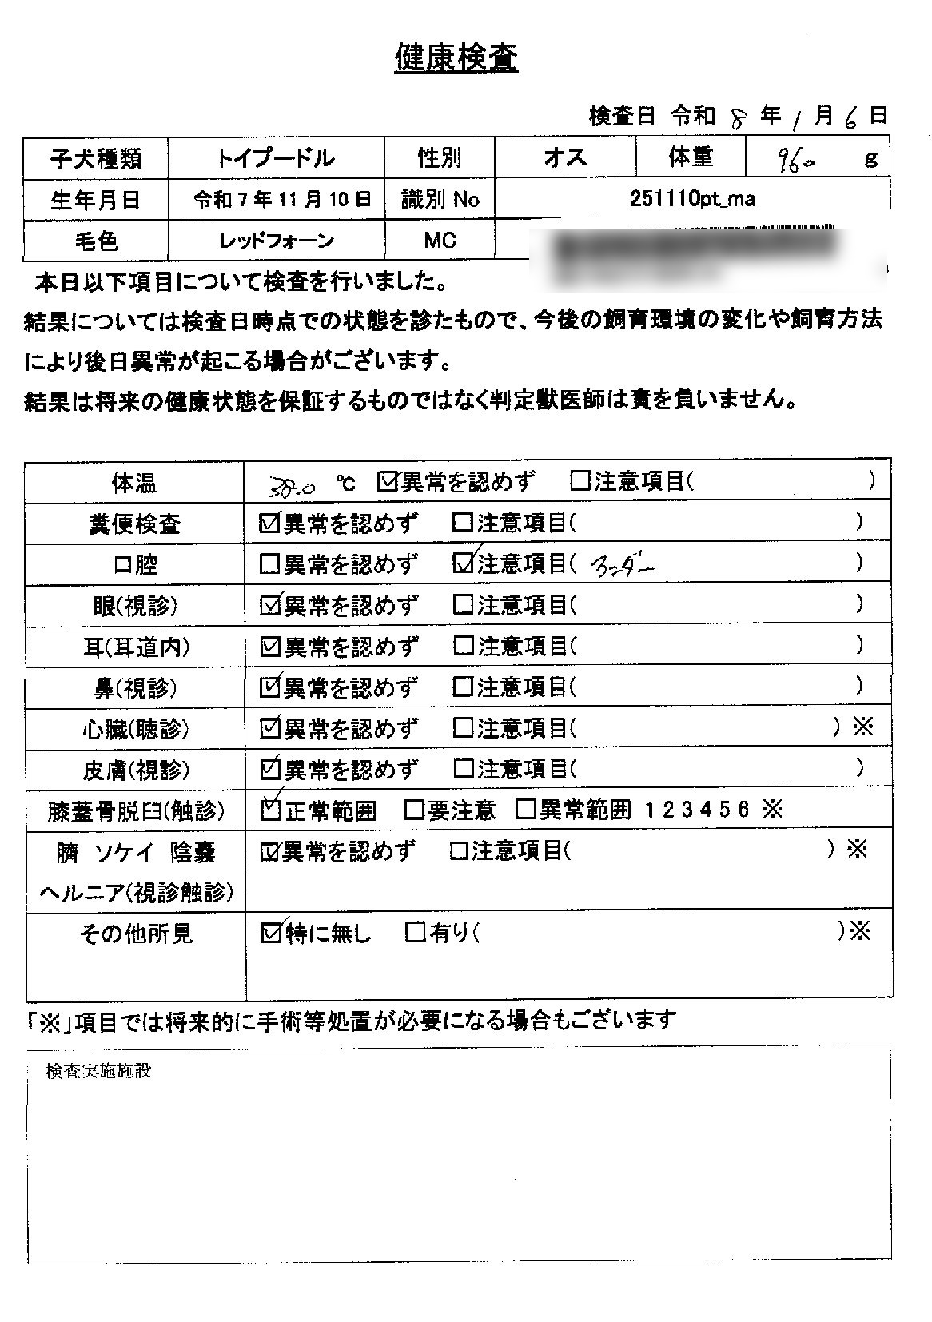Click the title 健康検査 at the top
[x=456, y=58]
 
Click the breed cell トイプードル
[x=275, y=158]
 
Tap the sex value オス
[x=564, y=158]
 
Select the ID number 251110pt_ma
[x=691, y=199]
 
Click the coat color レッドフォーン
[x=276, y=241]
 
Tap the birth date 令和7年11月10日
[x=282, y=200]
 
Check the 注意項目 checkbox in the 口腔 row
[x=463, y=563]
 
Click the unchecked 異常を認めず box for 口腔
[x=270, y=564]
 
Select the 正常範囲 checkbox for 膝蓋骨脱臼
[x=271, y=810]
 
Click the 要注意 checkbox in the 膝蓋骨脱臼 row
[x=413, y=810]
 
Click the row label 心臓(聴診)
[x=136, y=729]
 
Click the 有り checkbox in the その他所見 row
[x=415, y=932]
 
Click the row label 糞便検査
[x=134, y=525]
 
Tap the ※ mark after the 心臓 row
[x=862, y=727]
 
